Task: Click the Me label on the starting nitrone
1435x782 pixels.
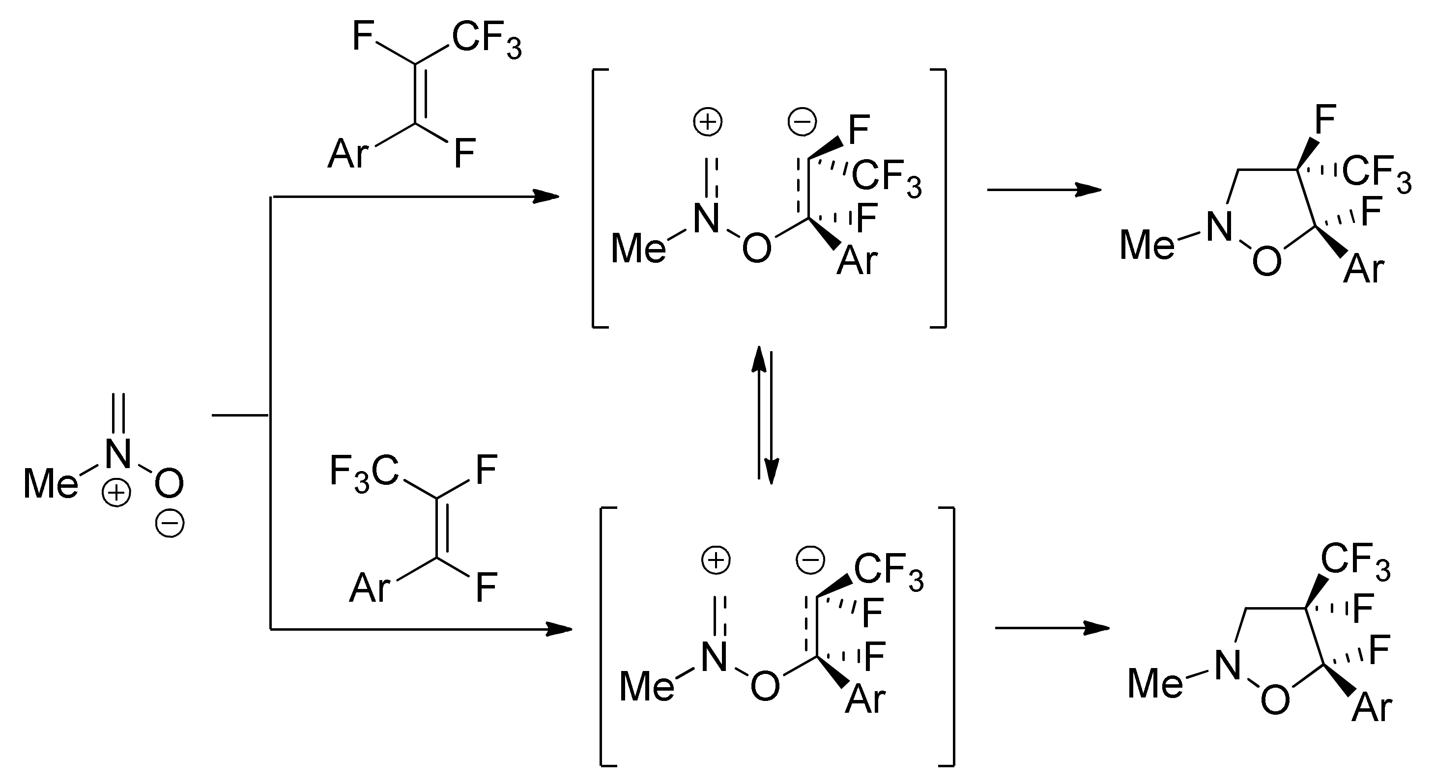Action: pos(50,483)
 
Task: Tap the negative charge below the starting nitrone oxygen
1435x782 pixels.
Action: pos(170,524)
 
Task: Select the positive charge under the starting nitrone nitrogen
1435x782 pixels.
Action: pos(116,494)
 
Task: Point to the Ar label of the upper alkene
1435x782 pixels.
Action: pos(347,154)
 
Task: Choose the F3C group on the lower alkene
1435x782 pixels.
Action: pos(364,473)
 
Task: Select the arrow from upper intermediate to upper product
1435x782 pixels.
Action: pos(1044,190)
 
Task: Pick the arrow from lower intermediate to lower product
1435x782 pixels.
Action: pos(1052,628)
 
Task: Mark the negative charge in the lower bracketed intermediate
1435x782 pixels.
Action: pos(810,560)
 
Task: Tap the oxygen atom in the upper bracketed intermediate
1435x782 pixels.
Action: pos(757,248)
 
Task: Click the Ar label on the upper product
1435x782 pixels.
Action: pos(1363,269)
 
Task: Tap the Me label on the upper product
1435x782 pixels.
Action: pos(1147,245)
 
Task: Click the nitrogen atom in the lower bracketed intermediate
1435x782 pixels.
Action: pos(714,657)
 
